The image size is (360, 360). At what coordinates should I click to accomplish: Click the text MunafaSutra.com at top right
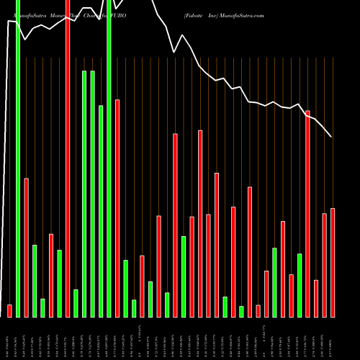238,15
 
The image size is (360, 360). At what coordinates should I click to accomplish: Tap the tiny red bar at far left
10,311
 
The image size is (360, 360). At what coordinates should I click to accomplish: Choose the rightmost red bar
333,262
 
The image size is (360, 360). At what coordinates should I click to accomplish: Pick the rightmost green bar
300,285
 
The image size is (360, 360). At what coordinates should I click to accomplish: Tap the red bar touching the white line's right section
308,214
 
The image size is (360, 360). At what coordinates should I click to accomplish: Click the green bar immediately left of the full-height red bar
60,283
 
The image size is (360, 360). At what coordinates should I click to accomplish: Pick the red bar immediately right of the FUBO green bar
117,208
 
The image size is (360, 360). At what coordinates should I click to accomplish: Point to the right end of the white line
331,137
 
